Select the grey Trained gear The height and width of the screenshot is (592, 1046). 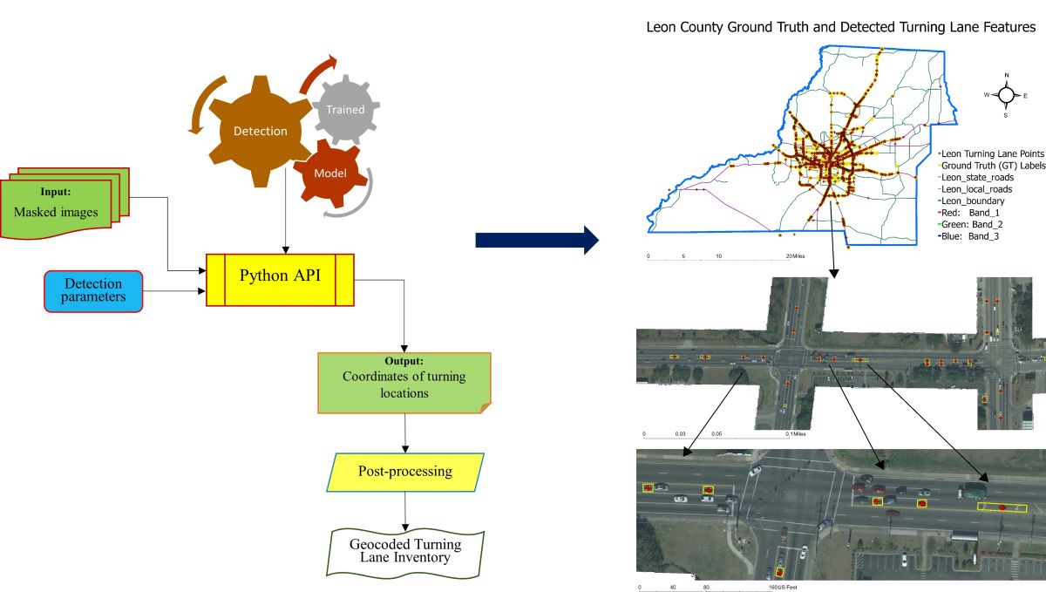(x=345, y=110)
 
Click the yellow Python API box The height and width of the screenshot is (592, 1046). (x=280, y=279)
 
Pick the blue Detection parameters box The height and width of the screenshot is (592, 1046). (x=92, y=290)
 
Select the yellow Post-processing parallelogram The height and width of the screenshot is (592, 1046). (x=404, y=472)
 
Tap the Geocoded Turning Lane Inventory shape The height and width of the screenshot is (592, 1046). (x=405, y=551)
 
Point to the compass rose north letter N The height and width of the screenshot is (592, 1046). (x=1006, y=76)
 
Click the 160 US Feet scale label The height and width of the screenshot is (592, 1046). (x=782, y=587)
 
